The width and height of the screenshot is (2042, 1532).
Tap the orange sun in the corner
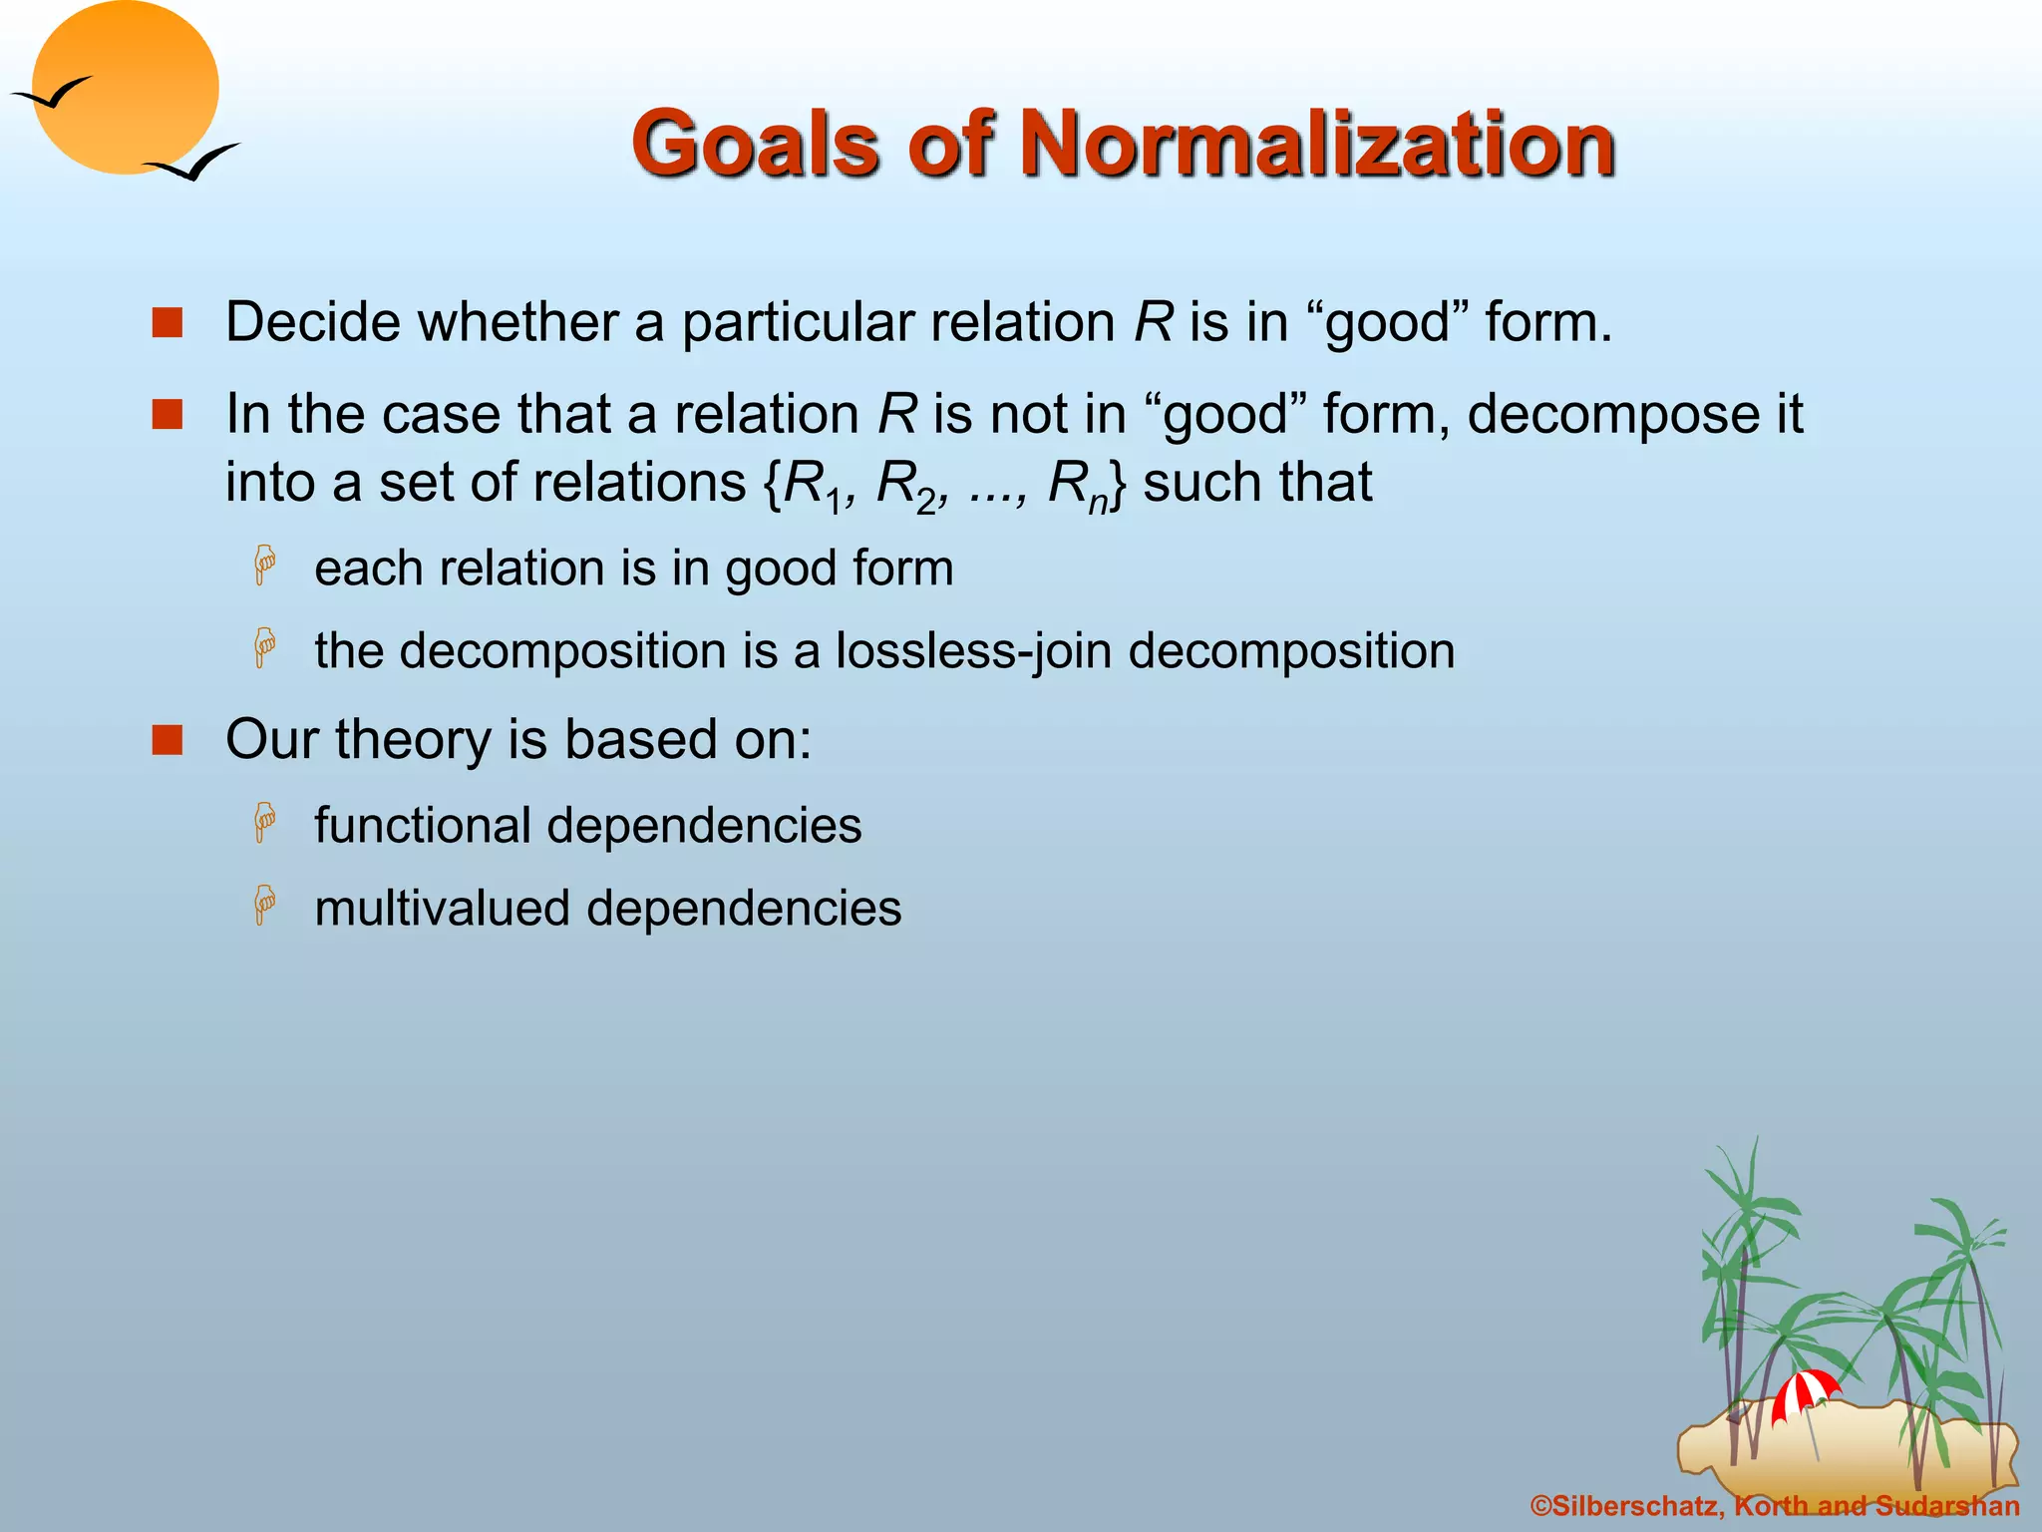126,88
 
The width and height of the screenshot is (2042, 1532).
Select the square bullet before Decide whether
168,323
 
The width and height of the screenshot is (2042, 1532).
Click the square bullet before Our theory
168,741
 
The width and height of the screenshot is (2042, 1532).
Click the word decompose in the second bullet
1604,413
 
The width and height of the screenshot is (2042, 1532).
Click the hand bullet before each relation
264,566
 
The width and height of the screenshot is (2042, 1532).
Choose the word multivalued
442,909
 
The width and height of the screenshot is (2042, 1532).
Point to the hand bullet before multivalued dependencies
264,905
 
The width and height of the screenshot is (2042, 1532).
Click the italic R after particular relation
1153,322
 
